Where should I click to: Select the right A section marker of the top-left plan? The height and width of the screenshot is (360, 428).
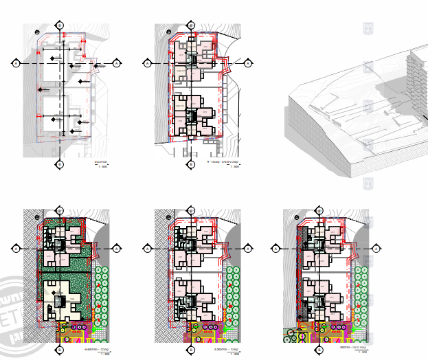(x=117, y=63)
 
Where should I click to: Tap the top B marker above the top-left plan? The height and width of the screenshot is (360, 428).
(x=60, y=24)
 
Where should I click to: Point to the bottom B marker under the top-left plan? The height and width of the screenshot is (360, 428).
(x=60, y=164)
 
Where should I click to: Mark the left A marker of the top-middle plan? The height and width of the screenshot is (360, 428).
(x=147, y=63)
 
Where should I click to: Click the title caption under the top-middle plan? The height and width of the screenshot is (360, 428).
(x=222, y=163)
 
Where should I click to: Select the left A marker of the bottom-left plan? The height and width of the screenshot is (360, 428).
(x=15, y=247)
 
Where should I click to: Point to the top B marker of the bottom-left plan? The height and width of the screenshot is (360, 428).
(x=60, y=209)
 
